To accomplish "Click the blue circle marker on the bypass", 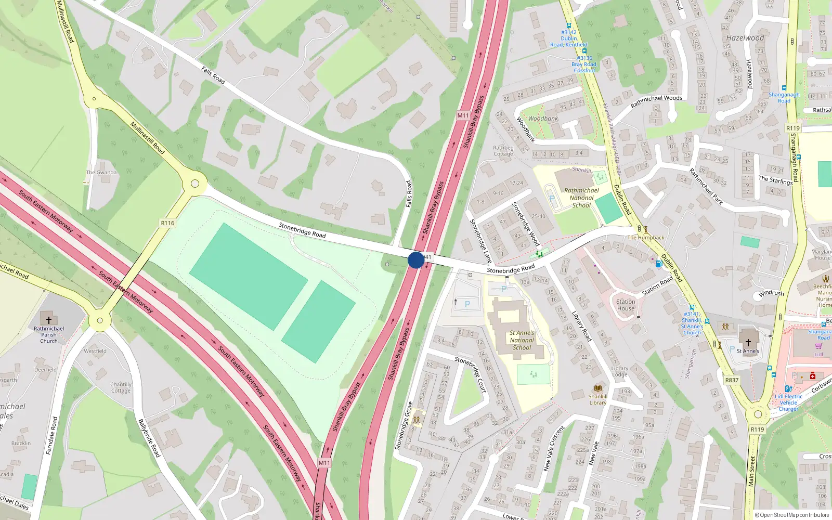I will pos(415,260).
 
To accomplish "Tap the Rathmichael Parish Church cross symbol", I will pos(49,320).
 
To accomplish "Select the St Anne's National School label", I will pos(522,340).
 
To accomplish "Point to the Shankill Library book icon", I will pos(598,388).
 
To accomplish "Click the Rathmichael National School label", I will pos(581,198).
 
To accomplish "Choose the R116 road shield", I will pos(167,223).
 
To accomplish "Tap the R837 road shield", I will pos(732,380).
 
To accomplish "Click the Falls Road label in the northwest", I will pos(213,75).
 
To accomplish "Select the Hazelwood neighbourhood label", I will pos(745,38).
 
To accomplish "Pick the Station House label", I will pos(626,305).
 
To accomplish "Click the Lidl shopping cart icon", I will pos(818,346).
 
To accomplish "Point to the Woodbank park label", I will pos(543,119).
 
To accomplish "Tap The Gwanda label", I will pos(101,173).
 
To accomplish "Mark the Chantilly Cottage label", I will pos(121,387).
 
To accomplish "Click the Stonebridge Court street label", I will pos(470,374).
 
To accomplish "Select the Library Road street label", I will pos(581,326).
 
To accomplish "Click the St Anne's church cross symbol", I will pos(748,342).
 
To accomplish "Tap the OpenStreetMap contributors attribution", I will pos(791,515).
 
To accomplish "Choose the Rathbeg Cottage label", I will pos(503,151).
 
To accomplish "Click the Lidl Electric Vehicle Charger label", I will pos(788,402).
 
